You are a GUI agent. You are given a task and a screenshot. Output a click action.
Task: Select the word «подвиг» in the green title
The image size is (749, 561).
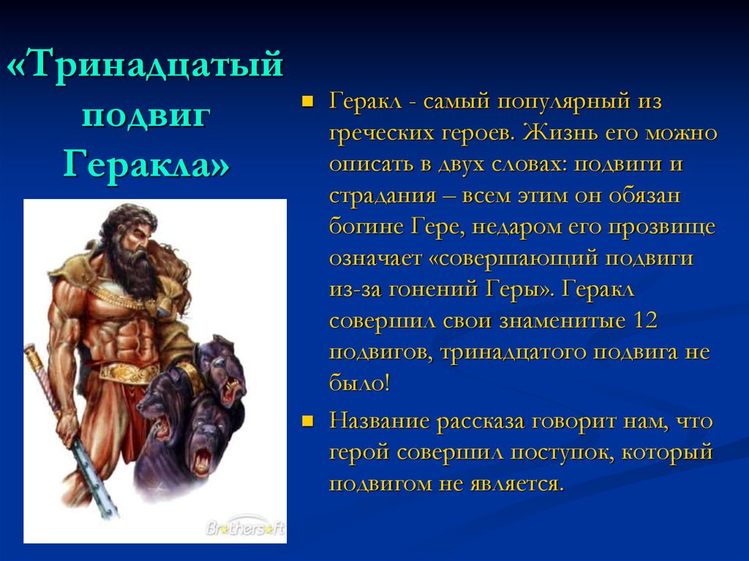(x=146, y=116)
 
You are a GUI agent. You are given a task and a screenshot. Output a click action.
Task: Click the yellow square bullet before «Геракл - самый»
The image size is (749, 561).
(x=308, y=102)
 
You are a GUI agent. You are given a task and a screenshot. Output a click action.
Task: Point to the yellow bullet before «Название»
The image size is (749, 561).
(x=308, y=421)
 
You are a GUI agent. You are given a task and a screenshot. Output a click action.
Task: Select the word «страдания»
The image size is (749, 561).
(x=383, y=196)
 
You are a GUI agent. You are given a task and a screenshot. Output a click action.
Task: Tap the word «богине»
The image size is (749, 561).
(x=366, y=227)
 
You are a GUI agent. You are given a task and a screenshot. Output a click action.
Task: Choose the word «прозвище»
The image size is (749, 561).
(x=662, y=227)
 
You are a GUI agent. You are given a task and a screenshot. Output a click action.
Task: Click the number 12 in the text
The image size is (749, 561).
(x=644, y=320)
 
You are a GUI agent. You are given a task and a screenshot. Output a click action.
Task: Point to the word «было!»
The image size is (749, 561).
(x=359, y=383)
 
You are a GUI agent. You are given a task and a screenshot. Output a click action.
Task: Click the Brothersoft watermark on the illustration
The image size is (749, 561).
(x=245, y=527)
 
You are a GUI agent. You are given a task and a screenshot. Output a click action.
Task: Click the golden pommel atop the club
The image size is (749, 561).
(x=32, y=353)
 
